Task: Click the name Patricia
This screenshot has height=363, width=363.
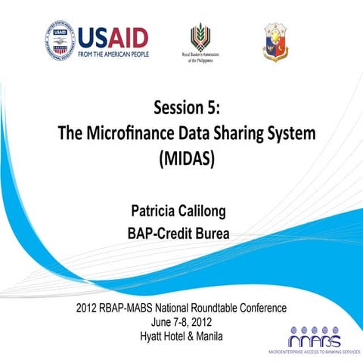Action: click(x=157, y=209)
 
